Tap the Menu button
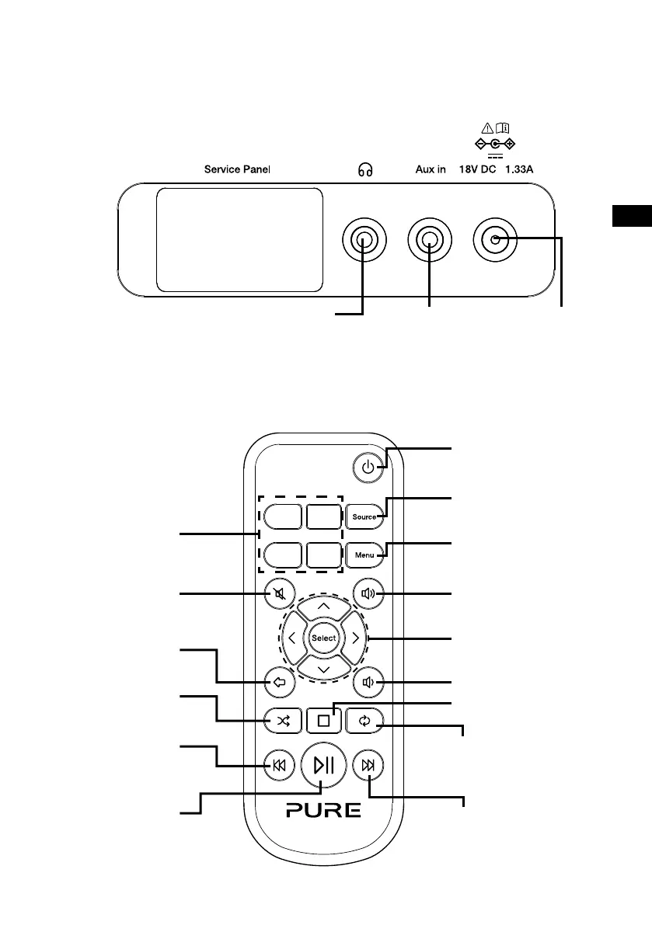point(365,555)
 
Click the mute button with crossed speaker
point(277,594)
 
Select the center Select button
point(323,638)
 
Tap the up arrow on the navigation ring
point(323,607)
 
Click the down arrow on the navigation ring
point(323,669)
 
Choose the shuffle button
point(280,720)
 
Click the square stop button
point(323,720)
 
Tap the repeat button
point(368,720)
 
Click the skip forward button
point(368,766)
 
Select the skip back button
point(278,766)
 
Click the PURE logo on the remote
point(323,811)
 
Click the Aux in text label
point(430,169)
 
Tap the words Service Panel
point(237,169)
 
